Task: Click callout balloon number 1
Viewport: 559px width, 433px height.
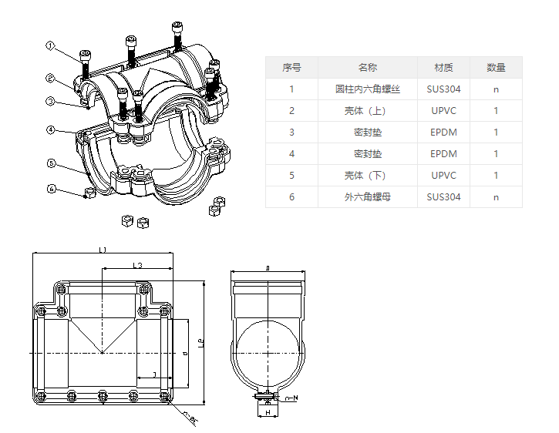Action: pyautogui.click(x=50, y=46)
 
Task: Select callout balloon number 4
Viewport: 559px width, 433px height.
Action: pyautogui.click(x=50, y=129)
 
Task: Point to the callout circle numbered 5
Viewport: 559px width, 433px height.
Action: pyautogui.click(x=50, y=163)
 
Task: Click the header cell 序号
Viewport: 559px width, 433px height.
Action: pyautogui.click(x=291, y=68)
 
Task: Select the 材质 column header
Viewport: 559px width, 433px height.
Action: pyautogui.click(x=443, y=68)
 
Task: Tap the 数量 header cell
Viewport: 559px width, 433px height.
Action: pyautogui.click(x=496, y=68)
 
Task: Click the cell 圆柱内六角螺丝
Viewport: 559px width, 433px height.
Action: pyautogui.click(x=368, y=89)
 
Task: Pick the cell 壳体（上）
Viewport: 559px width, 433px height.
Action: pyautogui.click(x=368, y=111)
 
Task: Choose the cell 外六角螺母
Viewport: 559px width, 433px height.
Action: pyautogui.click(x=368, y=197)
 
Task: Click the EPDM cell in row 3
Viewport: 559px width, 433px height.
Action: pyautogui.click(x=443, y=133)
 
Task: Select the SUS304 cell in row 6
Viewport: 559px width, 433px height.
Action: pyautogui.click(x=443, y=197)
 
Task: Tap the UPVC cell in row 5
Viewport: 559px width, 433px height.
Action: pyautogui.click(x=443, y=176)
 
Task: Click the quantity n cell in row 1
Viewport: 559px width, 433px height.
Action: pyautogui.click(x=496, y=89)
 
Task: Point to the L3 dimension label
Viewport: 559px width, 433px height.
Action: pyautogui.click(x=137, y=265)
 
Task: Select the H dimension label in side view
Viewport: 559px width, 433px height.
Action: pyautogui.click(x=268, y=414)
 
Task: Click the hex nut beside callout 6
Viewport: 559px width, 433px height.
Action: pyautogui.click(x=88, y=192)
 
